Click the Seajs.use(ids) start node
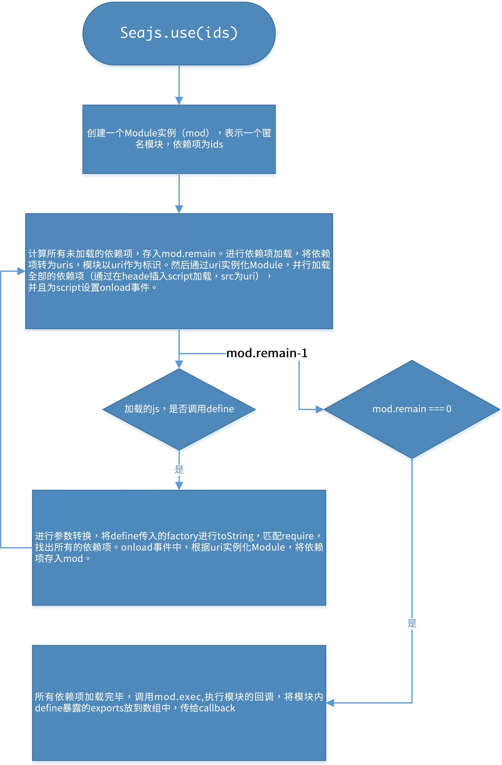tap(179, 33)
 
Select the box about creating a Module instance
tap(179, 139)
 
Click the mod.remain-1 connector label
tap(267, 353)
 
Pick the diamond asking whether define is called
tap(179, 409)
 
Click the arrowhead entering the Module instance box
tap(179, 101)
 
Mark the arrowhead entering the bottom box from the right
tap(330, 703)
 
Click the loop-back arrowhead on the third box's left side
tap(21, 271)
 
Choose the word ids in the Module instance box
tap(217, 144)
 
